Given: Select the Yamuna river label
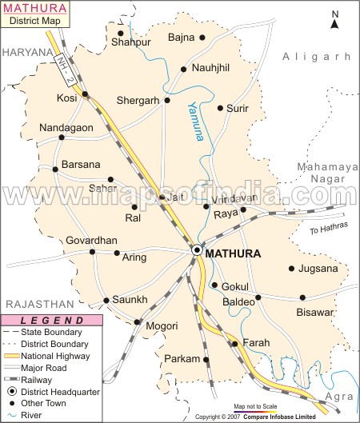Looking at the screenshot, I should (195, 121).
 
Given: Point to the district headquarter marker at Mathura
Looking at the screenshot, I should (197, 251).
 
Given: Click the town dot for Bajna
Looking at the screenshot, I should (202, 38).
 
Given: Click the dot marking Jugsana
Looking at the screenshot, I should (292, 269).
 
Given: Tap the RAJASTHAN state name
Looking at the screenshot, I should (34, 305).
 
